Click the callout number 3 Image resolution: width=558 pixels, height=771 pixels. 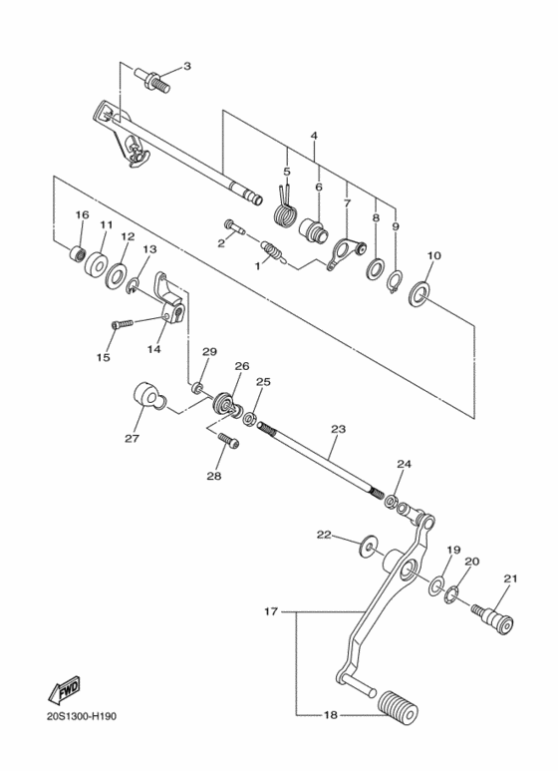[x=186, y=66]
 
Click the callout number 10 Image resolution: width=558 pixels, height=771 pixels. [x=432, y=256]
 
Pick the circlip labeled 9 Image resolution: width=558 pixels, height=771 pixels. [x=395, y=282]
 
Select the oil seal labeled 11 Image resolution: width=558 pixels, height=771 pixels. [x=98, y=265]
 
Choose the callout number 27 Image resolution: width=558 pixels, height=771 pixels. [x=132, y=437]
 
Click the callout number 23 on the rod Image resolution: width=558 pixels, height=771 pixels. [x=338, y=428]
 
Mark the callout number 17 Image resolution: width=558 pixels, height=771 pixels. [x=270, y=610]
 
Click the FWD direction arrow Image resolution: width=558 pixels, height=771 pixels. [x=63, y=690]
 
